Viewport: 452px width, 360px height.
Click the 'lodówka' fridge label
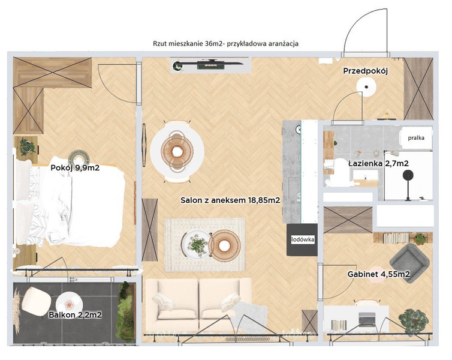coord(302,239)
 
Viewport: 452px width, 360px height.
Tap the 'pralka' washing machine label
coord(416,138)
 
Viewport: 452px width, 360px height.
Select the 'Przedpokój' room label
coord(365,71)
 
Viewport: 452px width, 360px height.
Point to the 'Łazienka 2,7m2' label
coord(378,164)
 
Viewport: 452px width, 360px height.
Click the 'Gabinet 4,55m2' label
coord(378,274)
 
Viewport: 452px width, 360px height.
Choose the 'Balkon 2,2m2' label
coord(76,315)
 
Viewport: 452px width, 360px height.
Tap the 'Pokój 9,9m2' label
coord(75,167)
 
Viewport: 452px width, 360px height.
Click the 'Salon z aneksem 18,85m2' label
coord(230,200)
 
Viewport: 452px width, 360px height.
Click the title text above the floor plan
coord(226,44)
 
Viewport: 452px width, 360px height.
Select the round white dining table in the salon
coord(177,151)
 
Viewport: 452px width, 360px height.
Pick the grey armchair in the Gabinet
coord(409,263)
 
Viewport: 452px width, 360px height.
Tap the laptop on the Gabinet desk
coord(367,319)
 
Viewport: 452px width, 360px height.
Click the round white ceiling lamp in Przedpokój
coord(366,87)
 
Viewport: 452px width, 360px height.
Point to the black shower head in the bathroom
coord(408,175)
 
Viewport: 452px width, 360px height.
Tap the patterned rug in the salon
coord(204,245)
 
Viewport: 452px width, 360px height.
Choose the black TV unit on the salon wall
coord(210,65)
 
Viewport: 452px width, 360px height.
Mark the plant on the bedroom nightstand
coord(27,146)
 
